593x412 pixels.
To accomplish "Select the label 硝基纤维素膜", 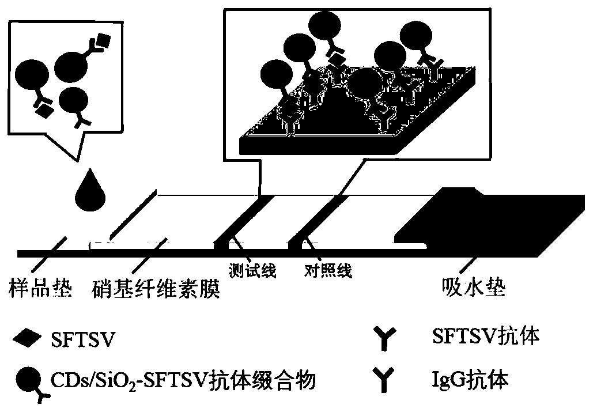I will (156, 286).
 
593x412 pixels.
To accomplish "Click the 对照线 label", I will (328, 270).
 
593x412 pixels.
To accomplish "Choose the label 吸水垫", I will (473, 286).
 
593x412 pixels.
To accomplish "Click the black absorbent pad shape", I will (496, 222).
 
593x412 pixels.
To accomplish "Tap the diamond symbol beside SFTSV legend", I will (27, 340).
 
